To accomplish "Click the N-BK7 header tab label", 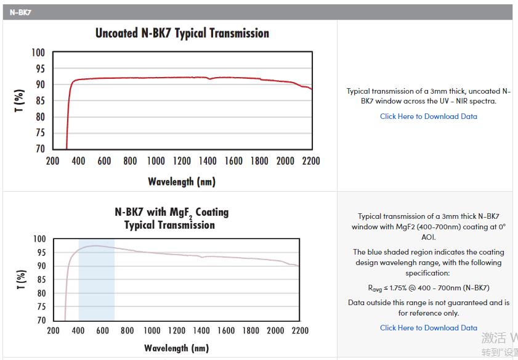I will pos(20,12).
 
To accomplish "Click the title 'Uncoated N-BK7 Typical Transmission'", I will pos(182,33).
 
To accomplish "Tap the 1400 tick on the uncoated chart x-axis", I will pos(208,161).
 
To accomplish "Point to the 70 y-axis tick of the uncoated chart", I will pos(39,149).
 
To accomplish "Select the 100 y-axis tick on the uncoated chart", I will pos(38,53).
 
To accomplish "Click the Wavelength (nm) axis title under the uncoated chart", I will pos(182,181).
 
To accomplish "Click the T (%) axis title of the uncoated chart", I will pos(20,100).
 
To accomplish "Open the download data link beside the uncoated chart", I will pos(428,117).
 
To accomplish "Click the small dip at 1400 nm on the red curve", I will pos(209,79).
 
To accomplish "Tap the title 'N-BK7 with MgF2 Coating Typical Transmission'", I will pos(171,218).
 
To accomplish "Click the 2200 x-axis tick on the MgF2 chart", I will pos(300,330).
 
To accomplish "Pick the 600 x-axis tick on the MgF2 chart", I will pos(103,330).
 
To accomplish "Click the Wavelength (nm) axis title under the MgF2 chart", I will pos(177,348).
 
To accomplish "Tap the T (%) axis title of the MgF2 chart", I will pos(20,279).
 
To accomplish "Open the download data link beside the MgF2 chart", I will pos(428,328).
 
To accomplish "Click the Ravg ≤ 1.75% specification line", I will pos(428,288).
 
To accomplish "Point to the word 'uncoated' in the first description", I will pos(481,91).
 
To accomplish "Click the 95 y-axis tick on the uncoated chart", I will pos(39,69).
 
